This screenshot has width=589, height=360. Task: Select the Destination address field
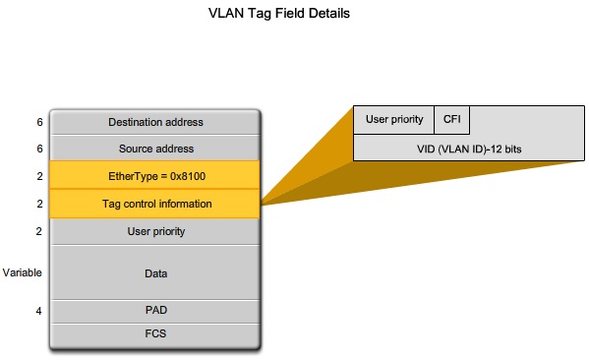[155, 123]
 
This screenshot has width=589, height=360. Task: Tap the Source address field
[155, 149]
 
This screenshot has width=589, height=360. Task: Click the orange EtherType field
[155, 175]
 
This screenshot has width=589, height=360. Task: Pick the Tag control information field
[155, 204]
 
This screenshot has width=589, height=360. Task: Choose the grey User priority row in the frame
[155, 232]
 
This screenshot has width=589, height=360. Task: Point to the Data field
[155, 272]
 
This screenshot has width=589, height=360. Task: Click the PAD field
[155, 311]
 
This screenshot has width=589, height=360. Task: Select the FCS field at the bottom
[155, 333]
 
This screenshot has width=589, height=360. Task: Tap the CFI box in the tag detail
[451, 120]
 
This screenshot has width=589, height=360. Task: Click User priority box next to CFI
[394, 120]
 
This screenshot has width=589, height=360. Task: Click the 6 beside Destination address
[39, 123]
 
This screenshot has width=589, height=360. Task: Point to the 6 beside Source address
[39, 149]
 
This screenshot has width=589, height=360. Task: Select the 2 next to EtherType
[39, 175]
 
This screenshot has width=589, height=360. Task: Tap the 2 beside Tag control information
[39, 204]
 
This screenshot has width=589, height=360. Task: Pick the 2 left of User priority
[39, 232]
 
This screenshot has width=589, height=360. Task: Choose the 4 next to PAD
[39, 311]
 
